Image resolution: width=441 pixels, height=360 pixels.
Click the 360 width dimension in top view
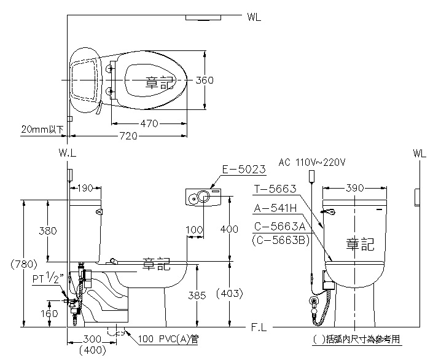(x=205, y=80)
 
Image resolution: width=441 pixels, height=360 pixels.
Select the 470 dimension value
(x=149, y=123)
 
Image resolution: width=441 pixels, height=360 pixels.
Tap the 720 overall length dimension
(x=128, y=136)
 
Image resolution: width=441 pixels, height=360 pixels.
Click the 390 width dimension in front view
(x=355, y=187)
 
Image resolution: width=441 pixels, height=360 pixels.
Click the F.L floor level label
(x=258, y=328)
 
